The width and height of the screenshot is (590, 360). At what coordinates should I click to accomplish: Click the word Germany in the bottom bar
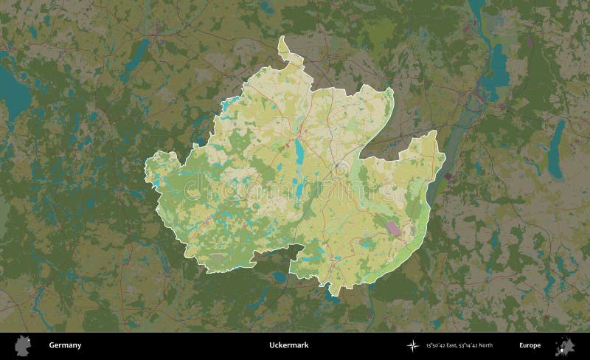(x=65, y=345)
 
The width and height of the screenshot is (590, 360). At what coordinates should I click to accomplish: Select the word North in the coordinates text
(x=484, y=345)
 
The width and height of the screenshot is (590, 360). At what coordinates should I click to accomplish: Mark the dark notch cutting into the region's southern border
(x=277, y=255)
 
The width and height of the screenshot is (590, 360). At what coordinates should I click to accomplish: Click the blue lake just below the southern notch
(x=280, y=277)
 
